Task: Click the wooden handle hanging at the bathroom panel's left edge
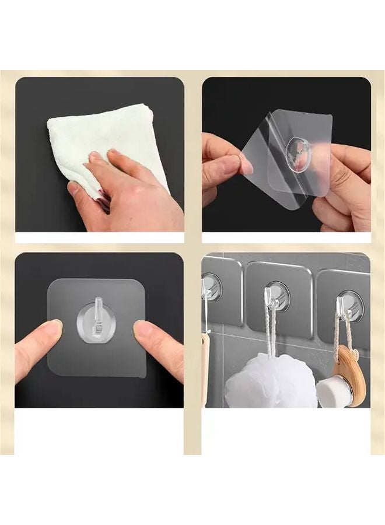pos(205,367)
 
